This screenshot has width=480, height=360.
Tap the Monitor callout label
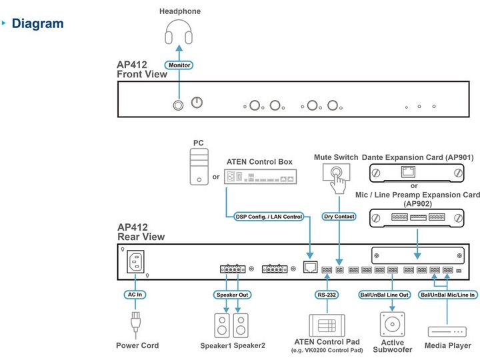tap(179, 65)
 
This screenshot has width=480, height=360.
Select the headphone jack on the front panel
tap(178, 105)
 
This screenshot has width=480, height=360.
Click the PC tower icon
tap(199, 167)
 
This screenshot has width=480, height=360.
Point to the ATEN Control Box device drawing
tap(260, 177)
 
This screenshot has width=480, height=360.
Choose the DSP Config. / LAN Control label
tap(269, 217)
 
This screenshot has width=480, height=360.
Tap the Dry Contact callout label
tap(339, 217)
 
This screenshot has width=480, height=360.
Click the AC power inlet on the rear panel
tap(135, 262)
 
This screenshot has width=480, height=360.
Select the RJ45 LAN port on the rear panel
tap(310, 267)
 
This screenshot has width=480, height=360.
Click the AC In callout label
tap(135, 295)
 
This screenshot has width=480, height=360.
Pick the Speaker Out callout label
tap(233, 295)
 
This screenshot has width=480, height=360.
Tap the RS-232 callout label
tap(327, 295)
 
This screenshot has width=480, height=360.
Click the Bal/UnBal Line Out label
tap(385, 295)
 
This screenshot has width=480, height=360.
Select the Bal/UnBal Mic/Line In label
tap(447, 295)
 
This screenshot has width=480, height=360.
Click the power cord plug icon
tap(135, 321)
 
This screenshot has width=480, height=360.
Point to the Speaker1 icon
tap(222, 325)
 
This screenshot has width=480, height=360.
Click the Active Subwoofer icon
tap(392, 324)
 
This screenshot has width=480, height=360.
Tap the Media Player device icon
tap(447, 331)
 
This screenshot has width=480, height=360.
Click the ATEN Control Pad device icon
tap(327, 325)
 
